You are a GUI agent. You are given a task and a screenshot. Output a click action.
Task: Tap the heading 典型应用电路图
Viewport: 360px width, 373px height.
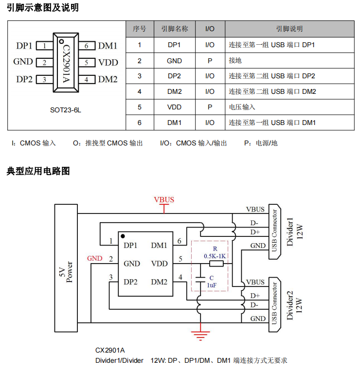pos(38,171)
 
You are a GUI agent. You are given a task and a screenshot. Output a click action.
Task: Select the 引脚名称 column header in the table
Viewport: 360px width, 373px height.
pos(174,29)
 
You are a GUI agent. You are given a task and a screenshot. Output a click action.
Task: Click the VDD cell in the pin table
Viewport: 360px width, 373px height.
pos(174,107)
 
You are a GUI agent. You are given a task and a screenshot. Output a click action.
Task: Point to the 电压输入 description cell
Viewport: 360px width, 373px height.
pos(242,107)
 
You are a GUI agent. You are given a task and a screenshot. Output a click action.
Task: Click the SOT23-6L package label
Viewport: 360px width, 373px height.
pos(66,110)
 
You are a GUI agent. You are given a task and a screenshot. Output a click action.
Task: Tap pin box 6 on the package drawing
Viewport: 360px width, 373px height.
pos(86,46)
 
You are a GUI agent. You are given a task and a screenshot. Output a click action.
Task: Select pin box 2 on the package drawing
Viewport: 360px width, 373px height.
pos(44,62)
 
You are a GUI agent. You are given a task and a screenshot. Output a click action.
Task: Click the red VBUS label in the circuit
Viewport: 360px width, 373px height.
pos(164,200)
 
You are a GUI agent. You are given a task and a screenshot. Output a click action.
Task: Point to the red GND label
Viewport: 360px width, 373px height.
pos(94,259)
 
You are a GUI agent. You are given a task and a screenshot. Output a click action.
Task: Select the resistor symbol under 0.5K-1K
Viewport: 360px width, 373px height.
pos(216,264)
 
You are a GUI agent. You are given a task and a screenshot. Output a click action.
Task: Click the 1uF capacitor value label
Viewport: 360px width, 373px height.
pos(212,285)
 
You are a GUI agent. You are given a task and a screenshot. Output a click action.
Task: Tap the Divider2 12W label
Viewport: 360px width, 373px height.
pos(295,305)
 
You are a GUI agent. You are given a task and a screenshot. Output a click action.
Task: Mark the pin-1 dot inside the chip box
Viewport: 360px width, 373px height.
pos(123,236)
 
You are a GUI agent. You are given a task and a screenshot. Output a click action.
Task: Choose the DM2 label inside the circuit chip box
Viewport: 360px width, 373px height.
pos(159,282)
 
